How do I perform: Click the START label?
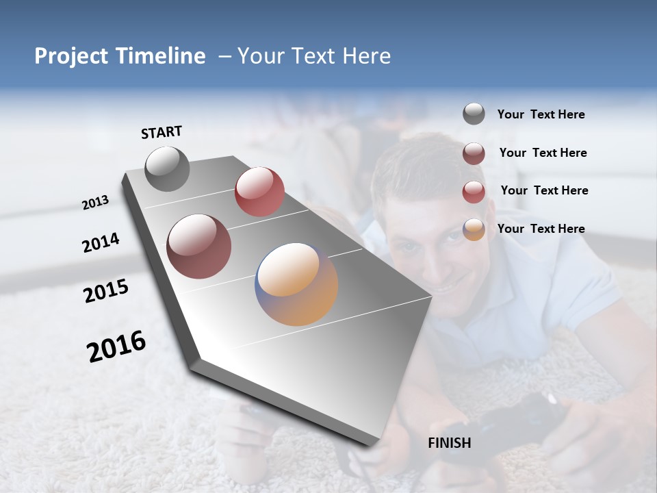pos(162,132)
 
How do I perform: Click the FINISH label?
pos(449,443)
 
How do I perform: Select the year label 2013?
pos(95,202)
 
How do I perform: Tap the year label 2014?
pos(101,242)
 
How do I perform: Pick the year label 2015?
pos(105,291)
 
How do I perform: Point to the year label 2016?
pos(116,346)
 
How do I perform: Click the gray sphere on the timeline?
pos(167,168)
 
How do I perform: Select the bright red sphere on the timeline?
pos(259,192)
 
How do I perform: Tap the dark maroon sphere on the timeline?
pos(198,246)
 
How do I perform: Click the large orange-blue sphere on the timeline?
pos(296,283)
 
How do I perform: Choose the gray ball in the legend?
pos(474,114)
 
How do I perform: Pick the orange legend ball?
pos(474,229)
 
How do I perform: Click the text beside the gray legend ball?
pos(541,114)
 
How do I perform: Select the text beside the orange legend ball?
pos(541,229)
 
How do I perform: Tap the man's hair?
pos(411,164)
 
